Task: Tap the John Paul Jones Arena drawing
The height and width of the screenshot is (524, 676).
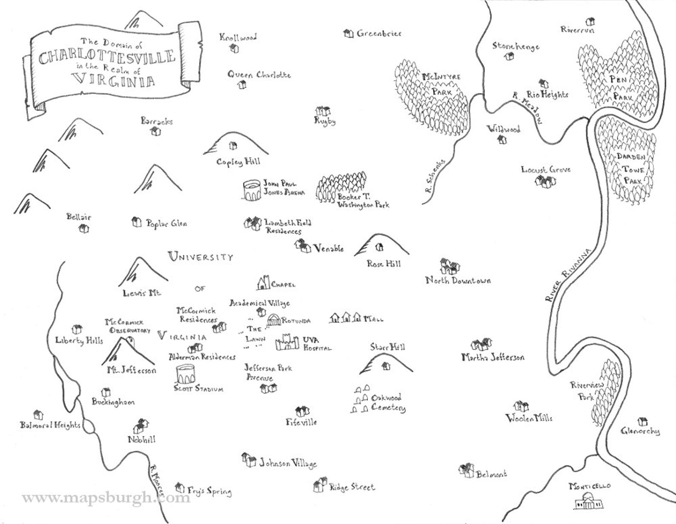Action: pyautogui.click(x=252, y=190)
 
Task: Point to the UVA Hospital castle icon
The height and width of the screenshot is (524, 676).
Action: pyautogui.click(x=286, y=343)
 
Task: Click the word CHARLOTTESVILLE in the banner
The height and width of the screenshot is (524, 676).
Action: pyautogui.click(x=106, y=56)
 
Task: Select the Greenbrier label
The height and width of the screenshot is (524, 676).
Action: pyautogui.click(x=379, y=33)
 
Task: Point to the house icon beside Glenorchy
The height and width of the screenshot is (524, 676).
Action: pyautogui.click(x=642, y=421)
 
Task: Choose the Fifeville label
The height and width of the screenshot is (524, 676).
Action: pyautogui.click(x=301, y=422)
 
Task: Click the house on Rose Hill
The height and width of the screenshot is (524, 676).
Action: pyautogui.click(x=380, y=247)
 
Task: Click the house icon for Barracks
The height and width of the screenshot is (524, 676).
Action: pyautogui.click(x=156, y=132)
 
